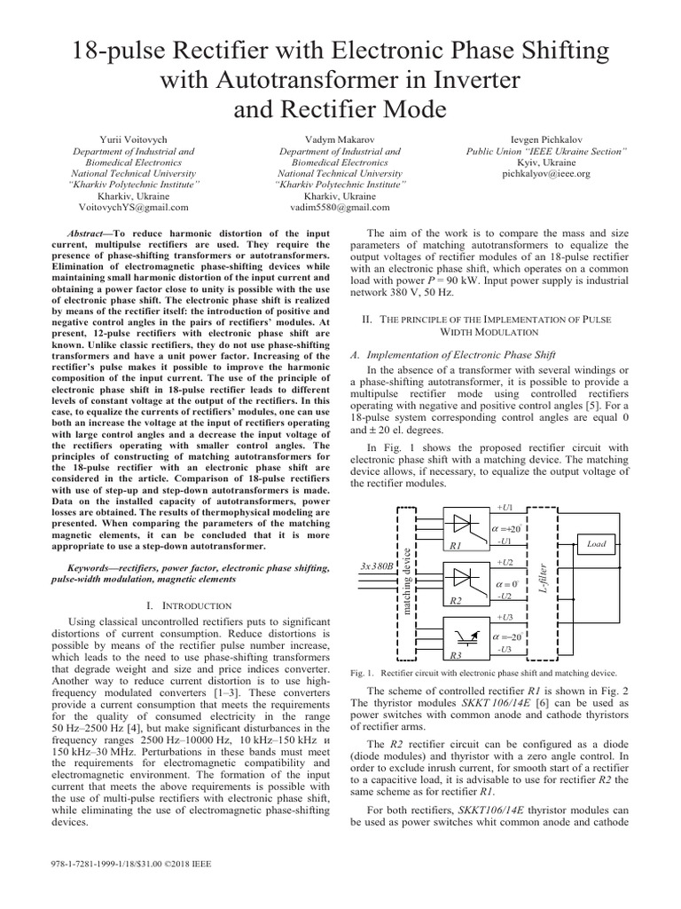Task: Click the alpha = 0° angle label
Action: click(506, 584)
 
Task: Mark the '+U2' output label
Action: click(505, 562)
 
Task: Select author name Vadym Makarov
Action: click(340, 140)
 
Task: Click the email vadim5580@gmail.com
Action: click(340, 207)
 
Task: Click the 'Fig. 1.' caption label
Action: click(364, 674)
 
